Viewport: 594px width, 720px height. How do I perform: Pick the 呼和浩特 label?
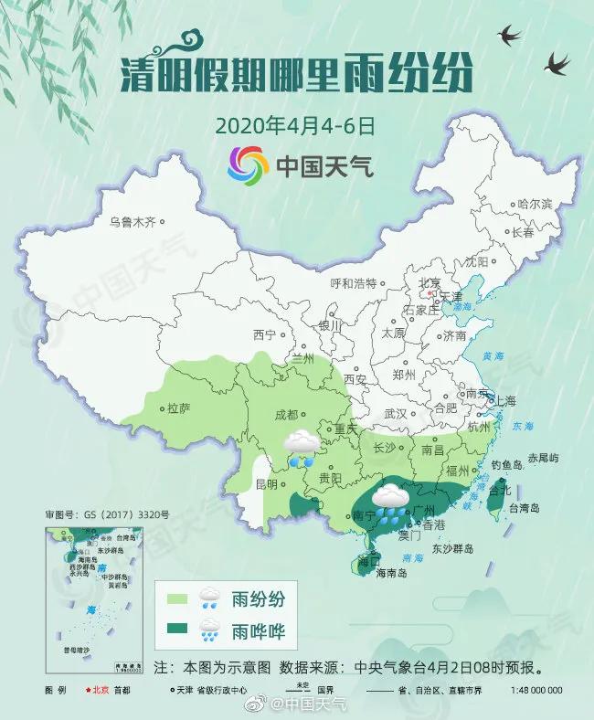[353, 282]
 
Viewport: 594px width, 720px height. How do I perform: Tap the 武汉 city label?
[396, 413]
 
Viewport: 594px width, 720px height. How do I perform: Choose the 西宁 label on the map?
[265, 334]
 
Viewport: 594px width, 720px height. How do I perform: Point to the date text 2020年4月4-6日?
[295, 124]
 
